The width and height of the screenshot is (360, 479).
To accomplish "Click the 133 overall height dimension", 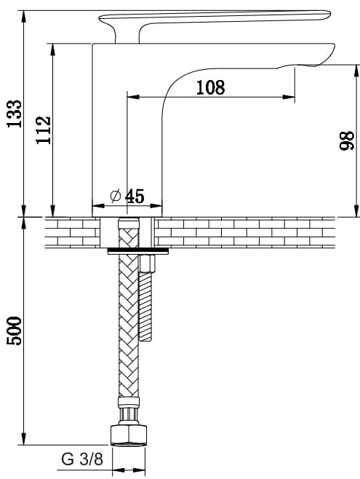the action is [x=15, y=114].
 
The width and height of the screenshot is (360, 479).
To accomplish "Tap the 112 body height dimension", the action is [x=44, y=130].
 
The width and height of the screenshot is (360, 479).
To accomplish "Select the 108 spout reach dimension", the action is [x=210, y=87].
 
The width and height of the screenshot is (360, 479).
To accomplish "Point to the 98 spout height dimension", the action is [x=347, y=140].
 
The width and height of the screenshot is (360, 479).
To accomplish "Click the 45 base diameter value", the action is [x=135, y=196].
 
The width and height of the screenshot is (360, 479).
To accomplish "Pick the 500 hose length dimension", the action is [x=15, y=331].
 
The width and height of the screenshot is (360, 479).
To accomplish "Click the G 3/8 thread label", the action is [x=82, y=459].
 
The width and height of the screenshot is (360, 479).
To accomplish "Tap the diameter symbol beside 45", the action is [x=116, y=196].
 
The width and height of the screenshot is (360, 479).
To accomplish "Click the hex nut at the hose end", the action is [x=129, y=435].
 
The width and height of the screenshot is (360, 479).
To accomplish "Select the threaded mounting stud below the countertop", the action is [x=145, y=306].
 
